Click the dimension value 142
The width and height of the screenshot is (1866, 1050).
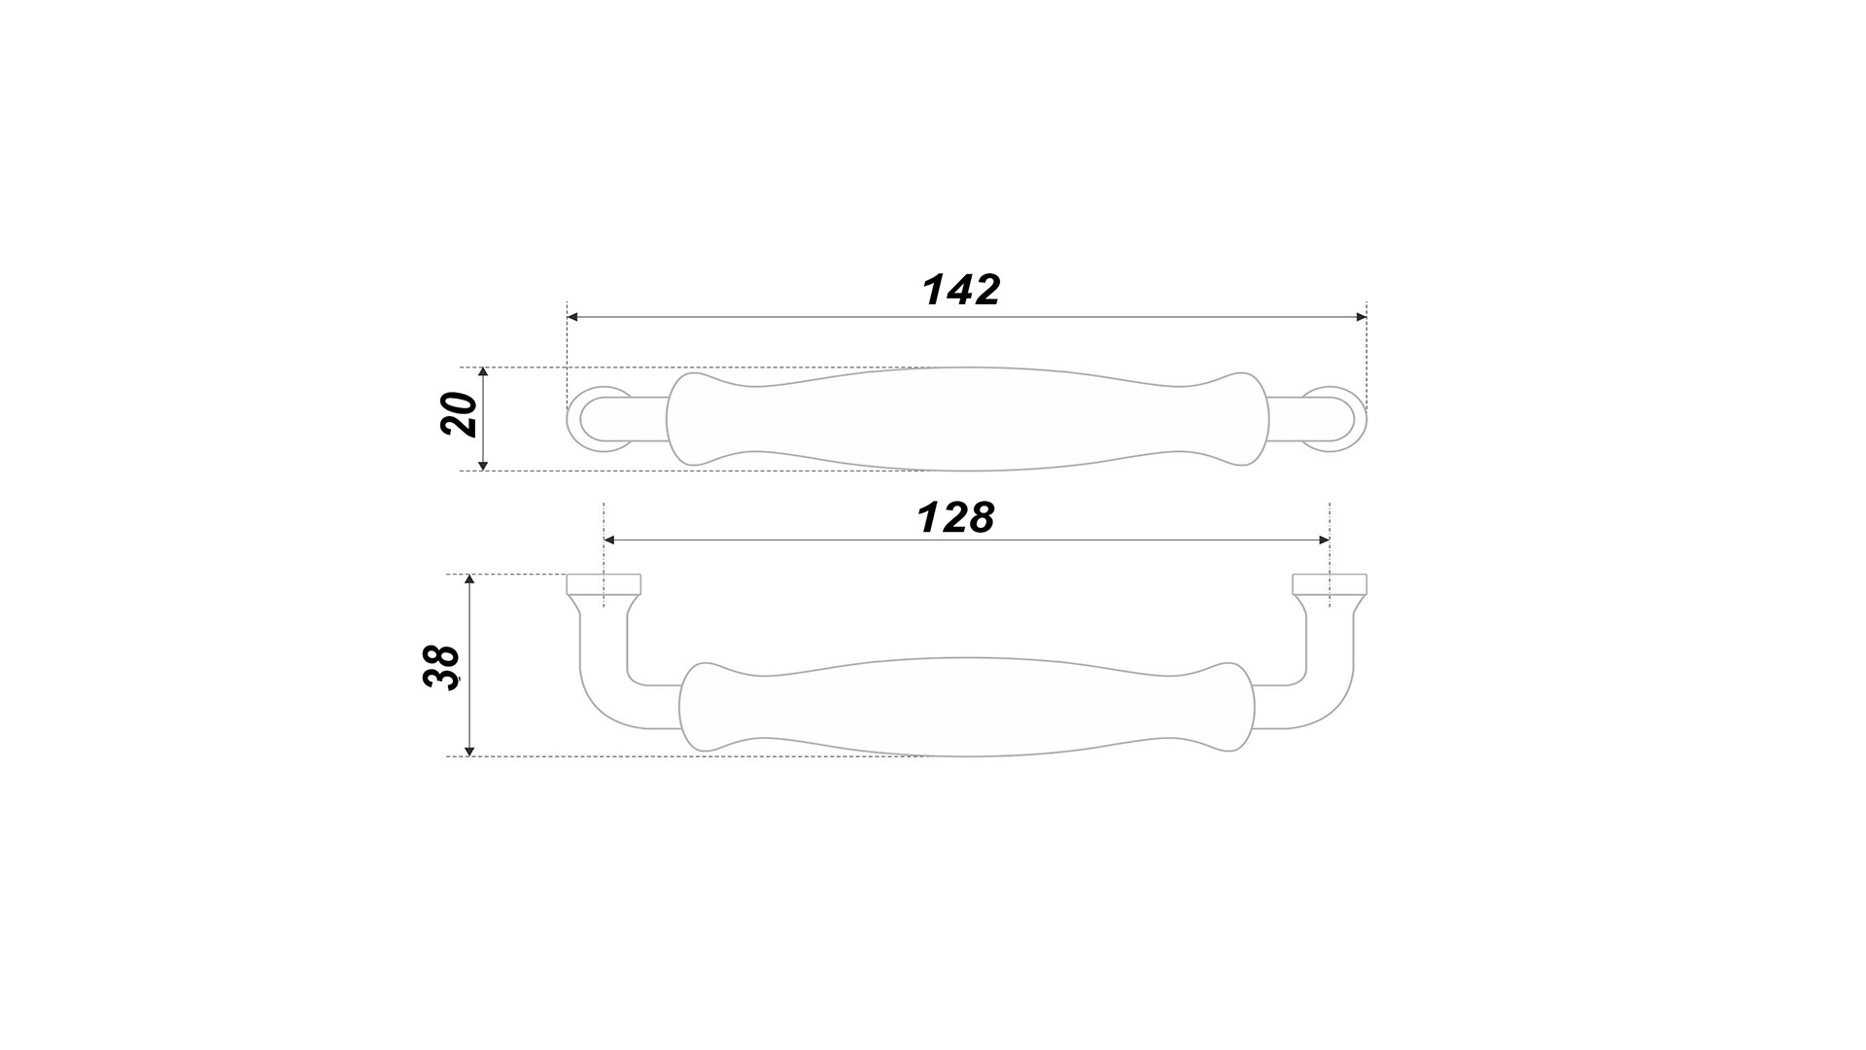(x=960, y=290)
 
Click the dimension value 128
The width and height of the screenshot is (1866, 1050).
(x=956, y=518)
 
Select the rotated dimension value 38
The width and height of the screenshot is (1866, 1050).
(x=441, y=667)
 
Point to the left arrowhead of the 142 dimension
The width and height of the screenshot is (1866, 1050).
(x=572, y=317)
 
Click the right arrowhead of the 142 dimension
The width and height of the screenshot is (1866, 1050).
(x=1361, y=317)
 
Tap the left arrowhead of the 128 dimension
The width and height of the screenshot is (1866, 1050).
(x=609, y=541)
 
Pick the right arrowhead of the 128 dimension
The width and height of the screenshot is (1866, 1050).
(x=1324, y=541)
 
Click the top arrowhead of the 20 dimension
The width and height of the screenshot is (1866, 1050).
(x=483, y=373)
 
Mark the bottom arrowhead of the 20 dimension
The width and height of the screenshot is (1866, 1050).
(x=483, y=465)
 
